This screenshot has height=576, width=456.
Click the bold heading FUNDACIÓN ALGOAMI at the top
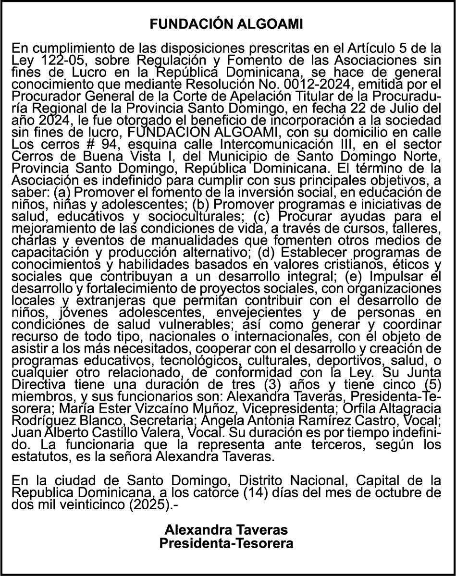click(226, 25)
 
